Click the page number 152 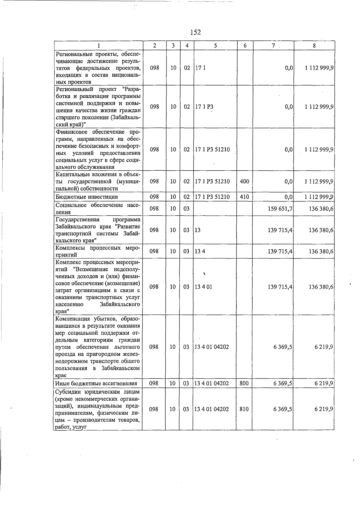point(195,32)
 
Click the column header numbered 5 point(215,46)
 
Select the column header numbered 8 point(314,46)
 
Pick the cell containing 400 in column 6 point(244,181)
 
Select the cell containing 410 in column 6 point(244,197)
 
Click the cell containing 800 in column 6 point(244,383)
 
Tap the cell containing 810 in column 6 point(244,409)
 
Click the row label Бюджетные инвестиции point(87,197)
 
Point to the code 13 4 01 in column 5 point(203,287)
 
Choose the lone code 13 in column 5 point(198,230)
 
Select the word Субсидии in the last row point(67,392)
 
